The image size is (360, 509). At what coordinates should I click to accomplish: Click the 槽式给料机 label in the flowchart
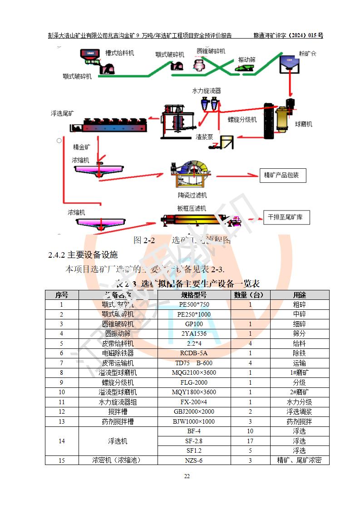tap(119, 53)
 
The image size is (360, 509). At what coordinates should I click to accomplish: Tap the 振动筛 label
tap(247, 59)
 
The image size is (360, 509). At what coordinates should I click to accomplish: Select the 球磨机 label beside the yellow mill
tap(303, 123)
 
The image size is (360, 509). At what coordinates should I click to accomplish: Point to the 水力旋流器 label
tap(206, 91)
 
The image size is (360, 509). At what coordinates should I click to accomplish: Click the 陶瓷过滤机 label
tap(192, 195)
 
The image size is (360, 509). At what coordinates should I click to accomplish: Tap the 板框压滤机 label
tap(191, 208)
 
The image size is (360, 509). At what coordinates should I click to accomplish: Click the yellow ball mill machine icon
tap(281, 119)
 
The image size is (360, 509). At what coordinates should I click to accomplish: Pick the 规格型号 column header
tap(194, 295)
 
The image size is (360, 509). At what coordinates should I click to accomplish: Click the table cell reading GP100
tap(194, 324)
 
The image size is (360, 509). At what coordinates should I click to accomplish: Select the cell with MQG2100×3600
tap(194, 373)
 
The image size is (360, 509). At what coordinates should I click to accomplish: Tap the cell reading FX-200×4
tap(194, 402)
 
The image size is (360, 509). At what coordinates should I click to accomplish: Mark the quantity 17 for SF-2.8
tap(250, 441)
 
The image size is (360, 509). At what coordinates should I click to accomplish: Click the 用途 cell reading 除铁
tap(299, 353)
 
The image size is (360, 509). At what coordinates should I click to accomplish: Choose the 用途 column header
tap(299, 295)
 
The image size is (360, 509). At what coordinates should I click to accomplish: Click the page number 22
tap(187, 476)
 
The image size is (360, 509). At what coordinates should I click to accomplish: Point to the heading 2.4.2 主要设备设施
tap(83, 254)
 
